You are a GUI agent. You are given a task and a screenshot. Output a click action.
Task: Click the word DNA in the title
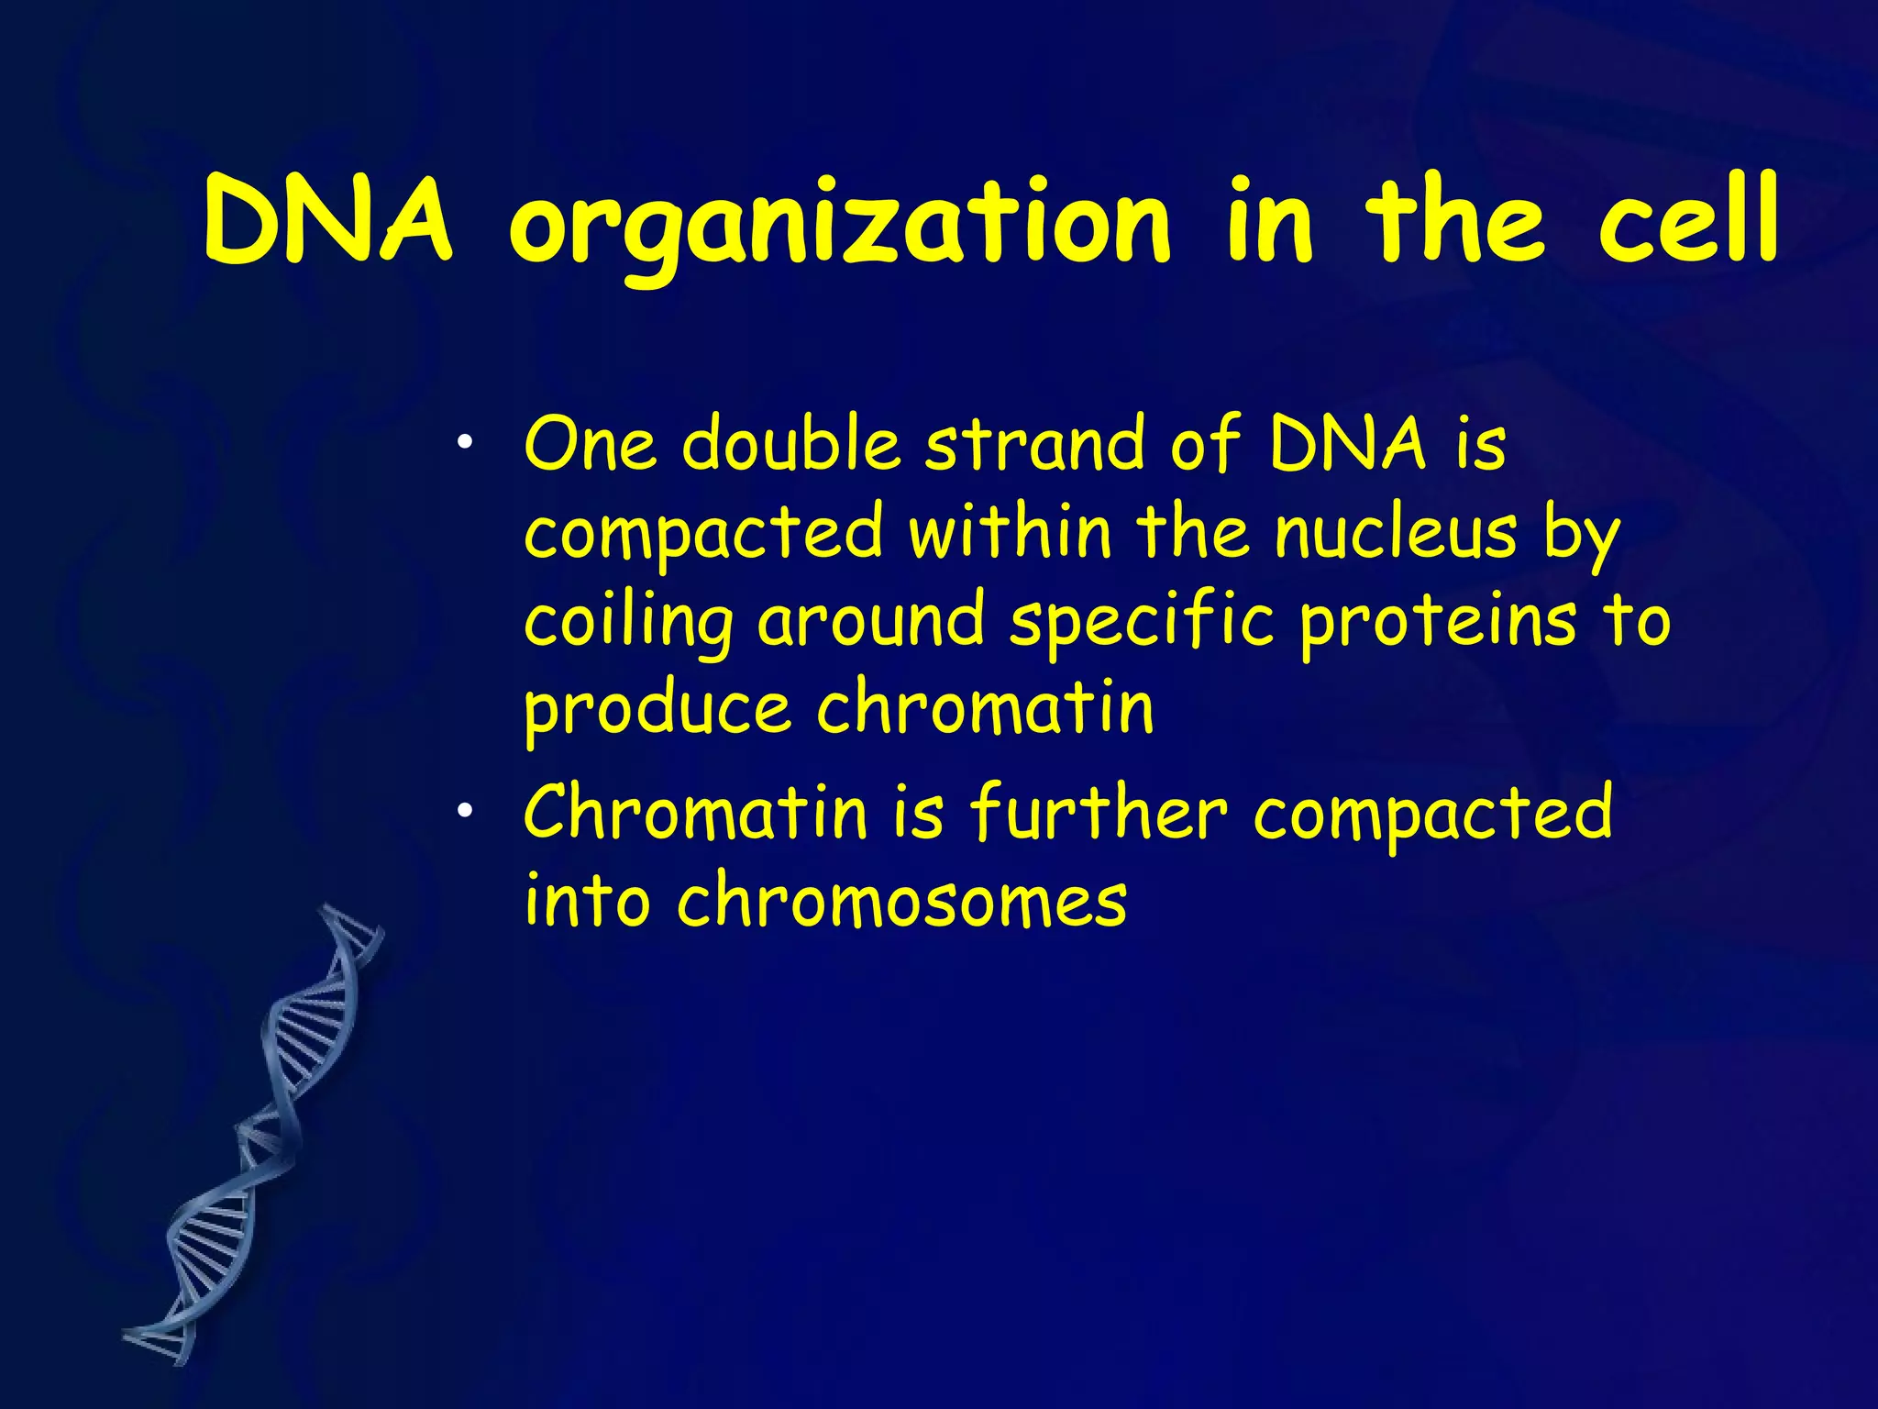[327, 221]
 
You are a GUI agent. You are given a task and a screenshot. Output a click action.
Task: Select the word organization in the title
[839, 225]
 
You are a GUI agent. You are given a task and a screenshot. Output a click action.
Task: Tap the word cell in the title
[1688, 221]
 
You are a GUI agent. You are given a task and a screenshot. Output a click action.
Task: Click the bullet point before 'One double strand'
[466, 444]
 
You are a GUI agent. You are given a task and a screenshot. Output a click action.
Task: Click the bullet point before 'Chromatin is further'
[466, 811]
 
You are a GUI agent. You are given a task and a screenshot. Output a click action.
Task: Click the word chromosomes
[901, 901]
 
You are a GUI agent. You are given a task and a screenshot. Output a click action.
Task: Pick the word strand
[1036, 444]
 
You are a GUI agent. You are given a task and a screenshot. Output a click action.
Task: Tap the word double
[792, 444]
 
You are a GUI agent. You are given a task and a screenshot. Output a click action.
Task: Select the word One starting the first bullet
[591, 444]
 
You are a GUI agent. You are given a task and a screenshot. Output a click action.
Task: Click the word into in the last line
[587, 901]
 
